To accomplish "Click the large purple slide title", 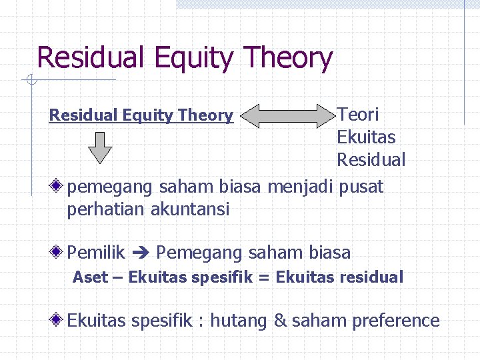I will coord(184,58).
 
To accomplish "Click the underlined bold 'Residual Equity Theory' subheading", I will coord(141,115).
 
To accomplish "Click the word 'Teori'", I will coord(357,115).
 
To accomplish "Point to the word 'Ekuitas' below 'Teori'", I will coord(366,137).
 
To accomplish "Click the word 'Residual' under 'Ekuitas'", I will coord(371,161).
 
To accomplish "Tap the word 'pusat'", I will coord(361,187).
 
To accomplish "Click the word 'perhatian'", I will coord(106,209).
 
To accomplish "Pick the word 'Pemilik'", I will coord(96,253).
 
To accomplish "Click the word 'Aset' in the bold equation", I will coord(90,277).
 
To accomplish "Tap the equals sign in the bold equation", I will coord(263,277).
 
